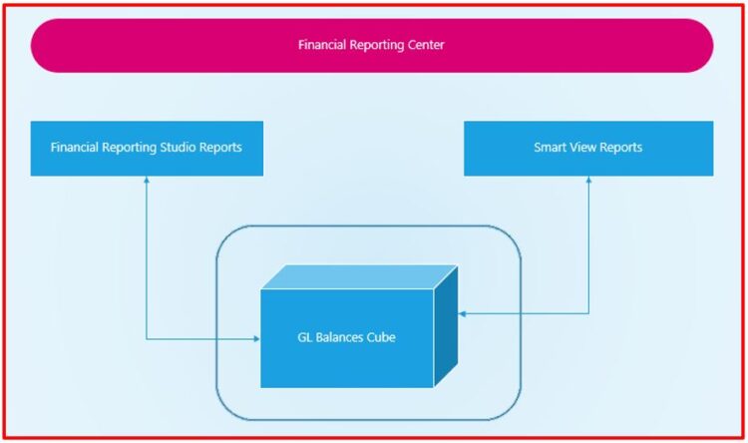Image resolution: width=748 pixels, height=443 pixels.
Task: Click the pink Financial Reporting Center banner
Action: click(x=371, y=45)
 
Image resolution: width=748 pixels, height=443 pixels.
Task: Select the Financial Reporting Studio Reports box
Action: click(x=147, y=148)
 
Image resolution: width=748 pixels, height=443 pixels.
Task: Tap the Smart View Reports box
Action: click(x=588, y=148)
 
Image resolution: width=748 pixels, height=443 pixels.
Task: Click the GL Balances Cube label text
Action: click(x=346, y=337)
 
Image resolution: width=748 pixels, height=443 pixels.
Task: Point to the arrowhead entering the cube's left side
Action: click(x=255, y=339)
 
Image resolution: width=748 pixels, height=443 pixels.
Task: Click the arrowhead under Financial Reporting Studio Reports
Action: click(x=147, y=181)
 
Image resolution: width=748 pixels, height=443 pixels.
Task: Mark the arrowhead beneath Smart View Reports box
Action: click(x=588, y=181)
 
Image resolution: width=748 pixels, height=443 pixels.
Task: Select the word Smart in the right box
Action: click(x=551, y=148)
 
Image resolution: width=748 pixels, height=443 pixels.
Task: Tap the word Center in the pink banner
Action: click(x=425, y=45)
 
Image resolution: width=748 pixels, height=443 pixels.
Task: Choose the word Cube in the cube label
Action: click(x=380, y=337)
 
